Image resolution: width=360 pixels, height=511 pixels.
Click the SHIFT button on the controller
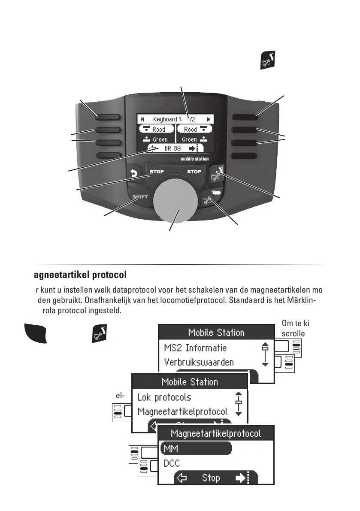click(x=140, y=197)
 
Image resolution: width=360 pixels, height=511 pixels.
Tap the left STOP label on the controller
click(x=157, y=172)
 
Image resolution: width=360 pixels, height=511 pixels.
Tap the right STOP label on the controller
click(x=194, y=172)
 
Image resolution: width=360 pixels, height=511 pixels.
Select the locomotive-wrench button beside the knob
click(x=212, y=197)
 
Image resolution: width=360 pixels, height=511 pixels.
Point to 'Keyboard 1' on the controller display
click(x=168, y=119)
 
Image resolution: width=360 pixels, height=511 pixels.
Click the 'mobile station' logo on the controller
click(x=195, y=159)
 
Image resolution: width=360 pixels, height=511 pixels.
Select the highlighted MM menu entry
click(x=196, y=448)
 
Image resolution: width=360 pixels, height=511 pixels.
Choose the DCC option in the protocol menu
click(x=172, y=463)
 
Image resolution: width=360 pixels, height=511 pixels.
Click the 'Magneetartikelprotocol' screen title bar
click(x=216, y=433)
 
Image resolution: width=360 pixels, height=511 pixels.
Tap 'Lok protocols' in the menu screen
click(x=164, y=397)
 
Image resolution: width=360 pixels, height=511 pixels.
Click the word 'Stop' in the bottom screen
click(x=211, y=478)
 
